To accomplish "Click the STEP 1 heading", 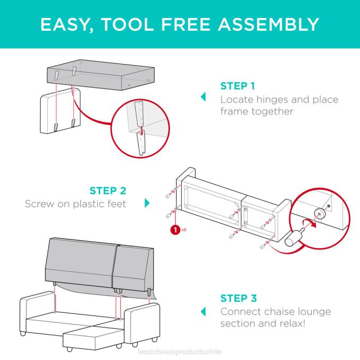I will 238,86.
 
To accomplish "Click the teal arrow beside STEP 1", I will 203,97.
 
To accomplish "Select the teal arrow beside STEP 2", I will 147,203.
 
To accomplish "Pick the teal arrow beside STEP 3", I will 203,311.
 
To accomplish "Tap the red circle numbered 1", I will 173,230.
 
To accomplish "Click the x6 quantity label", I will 183,230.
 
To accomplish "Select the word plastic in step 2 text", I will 87,204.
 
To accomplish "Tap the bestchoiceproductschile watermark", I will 180,352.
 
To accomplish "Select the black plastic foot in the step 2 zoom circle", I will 294,237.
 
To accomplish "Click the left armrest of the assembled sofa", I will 37,313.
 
